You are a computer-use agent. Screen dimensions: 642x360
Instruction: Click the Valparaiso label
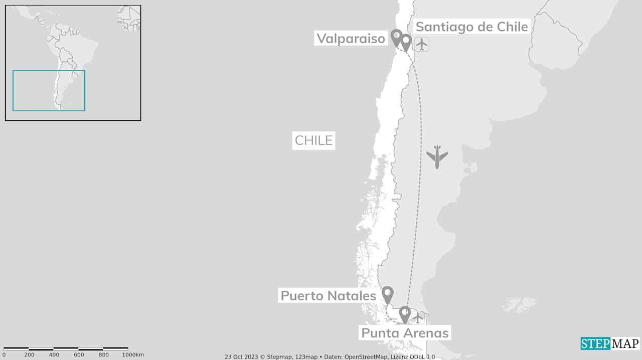(x=351, y=38)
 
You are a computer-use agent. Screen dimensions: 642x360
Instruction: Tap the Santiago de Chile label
(x=472, y=27)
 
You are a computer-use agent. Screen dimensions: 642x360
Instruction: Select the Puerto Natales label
(x=328, y=295)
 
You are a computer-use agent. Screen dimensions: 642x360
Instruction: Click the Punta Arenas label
(x=405, y=332)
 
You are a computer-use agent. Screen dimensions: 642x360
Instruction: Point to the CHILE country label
(x=313, y=140)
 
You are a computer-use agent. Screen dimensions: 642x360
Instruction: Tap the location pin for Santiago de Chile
(x=406, y=42)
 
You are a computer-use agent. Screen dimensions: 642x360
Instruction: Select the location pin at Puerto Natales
(x=387, y=294)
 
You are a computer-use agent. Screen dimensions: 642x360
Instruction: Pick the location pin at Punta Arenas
(x=405, y=314)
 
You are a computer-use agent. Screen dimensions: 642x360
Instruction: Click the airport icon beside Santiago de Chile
(x=422, y=44)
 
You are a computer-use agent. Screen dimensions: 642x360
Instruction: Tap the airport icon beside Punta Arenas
(x=418, y=317)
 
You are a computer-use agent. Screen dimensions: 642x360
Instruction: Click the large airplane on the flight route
(x=437, y=156)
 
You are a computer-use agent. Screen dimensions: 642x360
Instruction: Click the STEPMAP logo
(x=610, y=343)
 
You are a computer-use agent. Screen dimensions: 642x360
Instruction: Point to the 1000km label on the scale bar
(x=132, y=355)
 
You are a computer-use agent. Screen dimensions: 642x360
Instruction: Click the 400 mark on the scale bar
(x=54, y=355)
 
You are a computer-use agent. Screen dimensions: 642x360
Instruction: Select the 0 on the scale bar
(x=4, y=355)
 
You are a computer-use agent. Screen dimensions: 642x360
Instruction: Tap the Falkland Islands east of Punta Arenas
(x=519, y=303)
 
